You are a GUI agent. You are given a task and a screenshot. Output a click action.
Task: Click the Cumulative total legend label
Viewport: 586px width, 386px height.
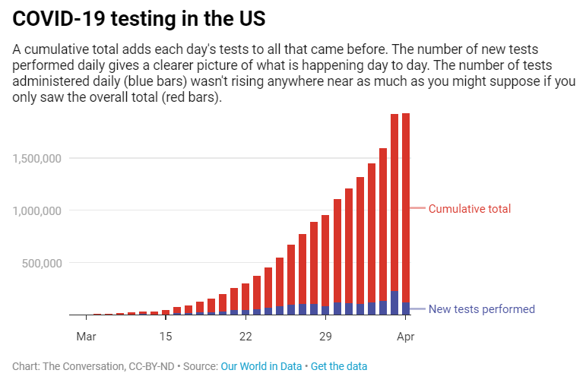[x=469, y=209]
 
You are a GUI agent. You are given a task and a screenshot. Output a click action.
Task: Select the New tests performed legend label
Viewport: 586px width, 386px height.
[x=481, y=309]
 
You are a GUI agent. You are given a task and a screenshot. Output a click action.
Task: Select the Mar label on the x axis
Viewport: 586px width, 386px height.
[x=86, y=336]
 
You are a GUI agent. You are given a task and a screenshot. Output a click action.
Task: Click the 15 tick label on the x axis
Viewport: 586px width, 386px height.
[x=166, y=336]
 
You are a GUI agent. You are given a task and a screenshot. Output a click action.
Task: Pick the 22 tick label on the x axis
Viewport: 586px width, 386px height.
[x=245, y=336]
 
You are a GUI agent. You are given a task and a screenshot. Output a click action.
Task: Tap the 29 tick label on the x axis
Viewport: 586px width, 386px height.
[x=325, y=336]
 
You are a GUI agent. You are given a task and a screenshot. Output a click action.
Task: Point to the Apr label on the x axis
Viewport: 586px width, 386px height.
[x=405, y=336]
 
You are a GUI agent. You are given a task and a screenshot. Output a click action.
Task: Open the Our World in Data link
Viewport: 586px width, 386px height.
[x=261, y=366]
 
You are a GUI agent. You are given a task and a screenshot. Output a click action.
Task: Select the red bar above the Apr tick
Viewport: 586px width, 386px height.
[x=406, y=205]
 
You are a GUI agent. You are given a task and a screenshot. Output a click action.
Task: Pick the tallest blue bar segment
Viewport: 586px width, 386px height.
[x=394, y=303]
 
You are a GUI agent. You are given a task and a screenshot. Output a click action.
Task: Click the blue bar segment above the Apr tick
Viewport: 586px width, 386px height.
[x=406, y=308]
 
